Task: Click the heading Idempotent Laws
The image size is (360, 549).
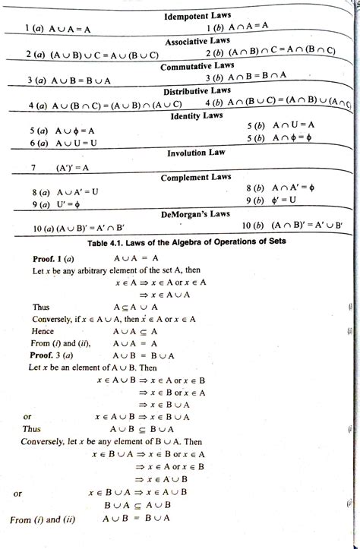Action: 197,15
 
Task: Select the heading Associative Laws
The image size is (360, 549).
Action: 197,40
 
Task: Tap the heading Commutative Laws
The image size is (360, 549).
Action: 197,66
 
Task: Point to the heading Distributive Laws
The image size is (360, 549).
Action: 197,91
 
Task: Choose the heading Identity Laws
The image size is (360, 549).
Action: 197,116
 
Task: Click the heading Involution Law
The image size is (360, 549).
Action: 197,153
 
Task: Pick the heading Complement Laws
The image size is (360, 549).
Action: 196,177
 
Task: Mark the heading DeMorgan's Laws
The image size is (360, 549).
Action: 197,214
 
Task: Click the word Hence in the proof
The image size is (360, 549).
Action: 43,331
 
